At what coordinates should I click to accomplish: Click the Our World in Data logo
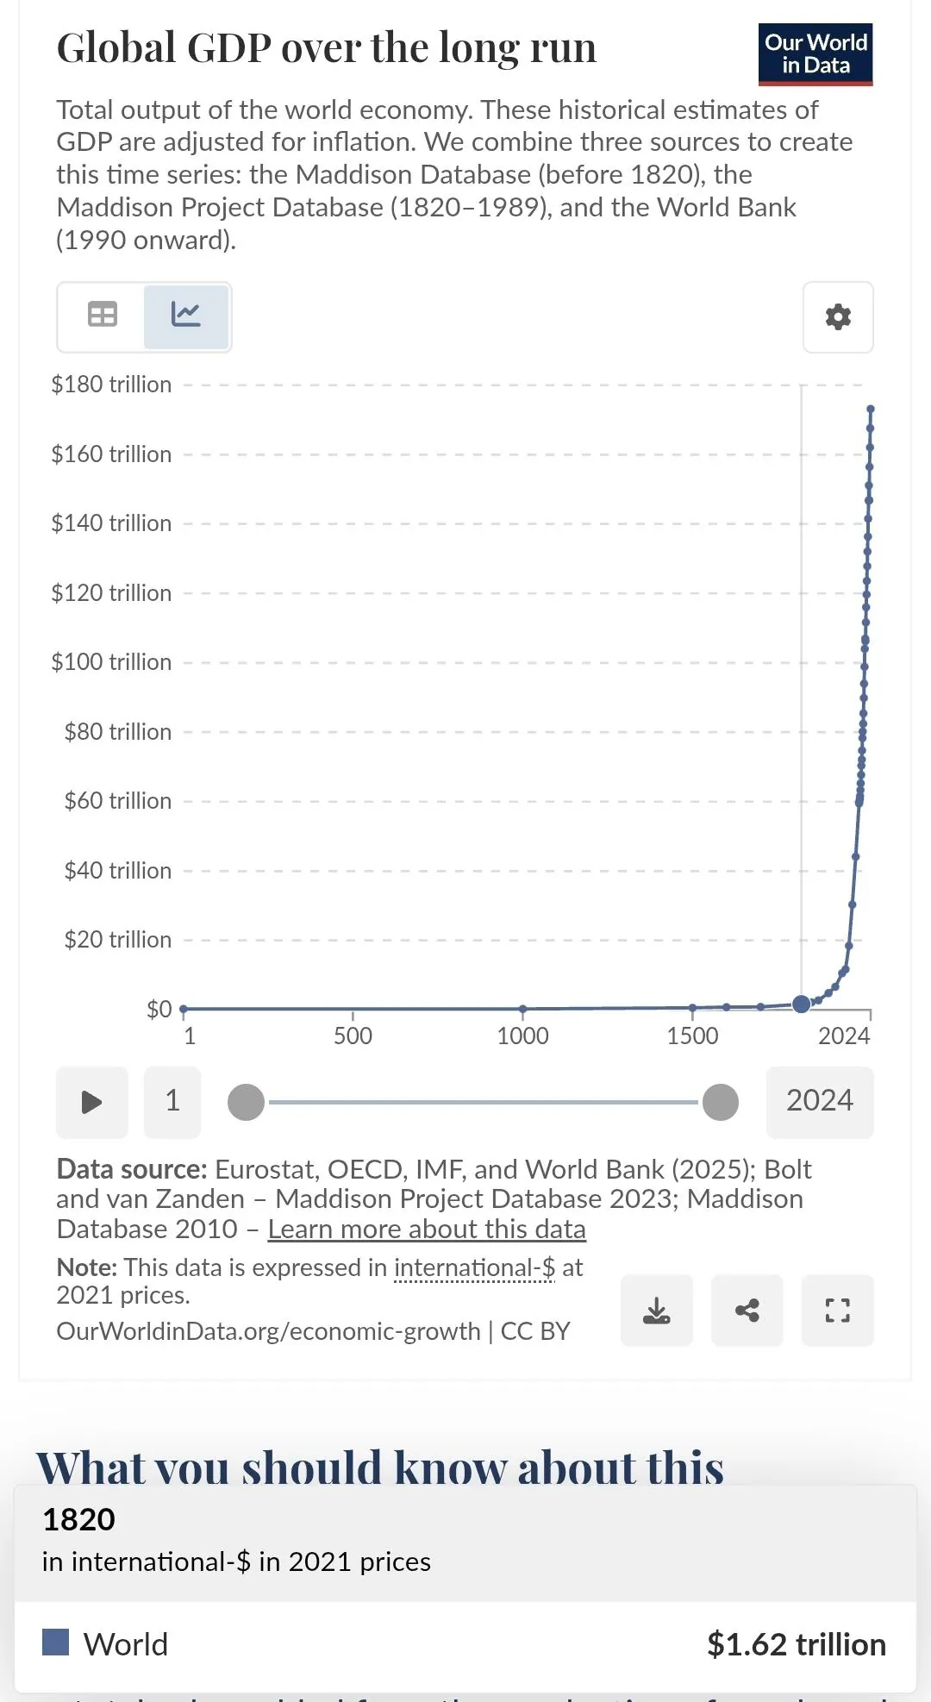coord(815,54)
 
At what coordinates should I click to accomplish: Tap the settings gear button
coord(838,317)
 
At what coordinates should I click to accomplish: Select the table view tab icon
coord(103,315)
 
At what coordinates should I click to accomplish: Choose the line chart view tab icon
coord(186,315)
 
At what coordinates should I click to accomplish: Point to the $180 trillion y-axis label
coord(111,385)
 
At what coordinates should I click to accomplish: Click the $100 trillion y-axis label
coord(111,662)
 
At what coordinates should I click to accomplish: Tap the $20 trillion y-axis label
coord(117,940)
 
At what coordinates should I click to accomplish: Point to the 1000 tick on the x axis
coord(522,1036)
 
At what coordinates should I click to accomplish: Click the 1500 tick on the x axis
coord(692,1036)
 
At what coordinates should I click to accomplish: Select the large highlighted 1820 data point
coord(801,1004)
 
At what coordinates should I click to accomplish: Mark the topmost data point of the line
coord(871,410)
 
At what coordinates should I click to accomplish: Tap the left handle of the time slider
coord(246,1103)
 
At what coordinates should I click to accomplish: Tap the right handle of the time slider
coord(721,1103)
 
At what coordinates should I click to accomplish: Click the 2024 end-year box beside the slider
coord(819,1101)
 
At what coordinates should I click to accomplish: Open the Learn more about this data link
coord(427,1229)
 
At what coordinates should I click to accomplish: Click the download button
coord(657,1311)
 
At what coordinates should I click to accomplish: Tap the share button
coord(747,1311)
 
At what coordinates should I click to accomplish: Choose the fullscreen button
coord(838,1311)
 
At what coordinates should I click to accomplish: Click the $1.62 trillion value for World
coord(796,1644)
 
